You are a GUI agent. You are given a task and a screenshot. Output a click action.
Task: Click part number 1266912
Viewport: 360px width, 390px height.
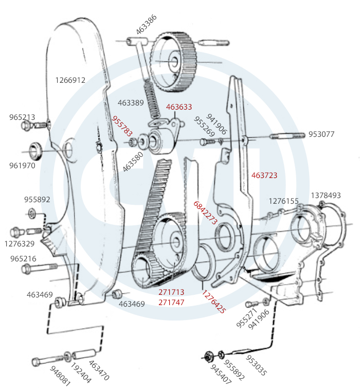[70, 80]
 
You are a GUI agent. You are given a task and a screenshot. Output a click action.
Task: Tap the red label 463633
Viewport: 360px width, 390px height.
[179, 107]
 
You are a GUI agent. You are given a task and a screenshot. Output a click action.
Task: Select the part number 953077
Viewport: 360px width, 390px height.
[321, 135]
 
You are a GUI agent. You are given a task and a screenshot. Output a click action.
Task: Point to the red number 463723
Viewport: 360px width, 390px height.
[264, 175]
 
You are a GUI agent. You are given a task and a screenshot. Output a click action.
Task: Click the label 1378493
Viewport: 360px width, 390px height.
[326, 196]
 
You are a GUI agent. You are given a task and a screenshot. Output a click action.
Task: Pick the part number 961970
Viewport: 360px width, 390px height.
[22, 166]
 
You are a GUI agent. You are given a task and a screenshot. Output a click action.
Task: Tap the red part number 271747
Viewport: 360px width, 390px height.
[171, 303]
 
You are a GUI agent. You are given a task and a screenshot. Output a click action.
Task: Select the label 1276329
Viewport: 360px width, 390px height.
[20, 243]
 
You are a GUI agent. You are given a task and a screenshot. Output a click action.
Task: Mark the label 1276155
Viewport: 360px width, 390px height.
[284, 201]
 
